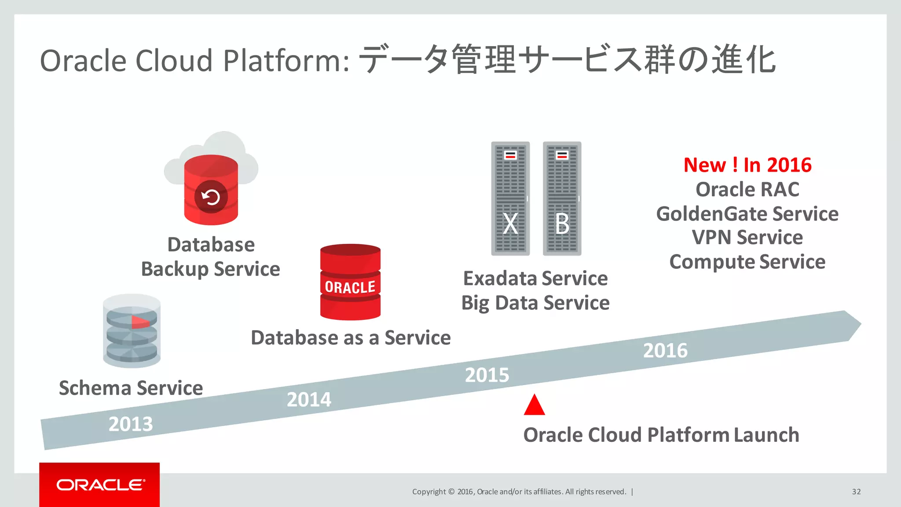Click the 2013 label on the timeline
coord(131,424)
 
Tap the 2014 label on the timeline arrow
coord(309,400)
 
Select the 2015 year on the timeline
coord(487,375)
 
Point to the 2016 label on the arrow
coord(665,351)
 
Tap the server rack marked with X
coord(510,198)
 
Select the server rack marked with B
coord(562,198)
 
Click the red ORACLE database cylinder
coord(350,282)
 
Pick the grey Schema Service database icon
coord(132,331)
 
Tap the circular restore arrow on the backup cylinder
coord(211,197)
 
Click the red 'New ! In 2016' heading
coord(747,165)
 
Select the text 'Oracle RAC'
coord(747,190)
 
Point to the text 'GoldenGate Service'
coord(747,214)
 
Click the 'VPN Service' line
coord(747,238)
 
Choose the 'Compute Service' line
coord(747,262)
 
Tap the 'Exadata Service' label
coord(535,279)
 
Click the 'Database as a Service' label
coord(351,338)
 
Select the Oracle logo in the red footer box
coord(100,485)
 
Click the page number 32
coord(856,492)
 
